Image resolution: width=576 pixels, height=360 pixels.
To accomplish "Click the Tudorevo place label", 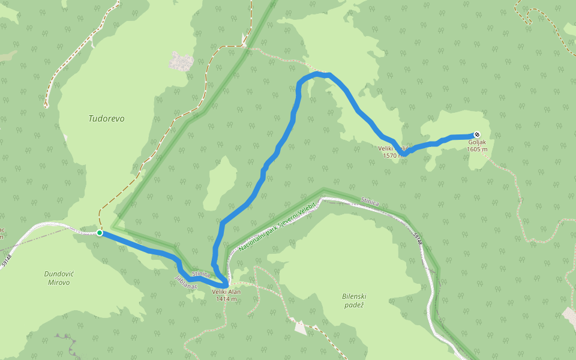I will (106, 119).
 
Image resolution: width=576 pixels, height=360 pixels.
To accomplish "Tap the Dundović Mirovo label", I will (57, 278).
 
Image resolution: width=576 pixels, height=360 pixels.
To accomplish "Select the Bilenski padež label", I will (354, 301).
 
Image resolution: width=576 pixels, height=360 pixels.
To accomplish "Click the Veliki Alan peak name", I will (226, 292).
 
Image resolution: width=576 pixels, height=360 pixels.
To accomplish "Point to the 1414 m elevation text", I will (226, 299).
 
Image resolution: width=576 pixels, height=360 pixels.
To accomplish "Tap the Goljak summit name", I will (477, 142).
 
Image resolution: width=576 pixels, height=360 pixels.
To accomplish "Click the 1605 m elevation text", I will (477, 149).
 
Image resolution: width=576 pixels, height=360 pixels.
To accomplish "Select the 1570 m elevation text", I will (394, 155).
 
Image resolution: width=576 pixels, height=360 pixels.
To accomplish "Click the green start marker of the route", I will (100, 233).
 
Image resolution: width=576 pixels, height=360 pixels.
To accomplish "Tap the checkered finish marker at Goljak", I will (476, 134).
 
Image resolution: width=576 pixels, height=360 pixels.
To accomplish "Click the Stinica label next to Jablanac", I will (200, 274).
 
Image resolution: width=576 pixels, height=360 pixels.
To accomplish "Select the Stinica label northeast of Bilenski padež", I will (370, 202).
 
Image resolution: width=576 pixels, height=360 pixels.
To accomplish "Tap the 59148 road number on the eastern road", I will (418, 238).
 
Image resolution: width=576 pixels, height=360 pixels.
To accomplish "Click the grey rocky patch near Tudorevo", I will (181, 61).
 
